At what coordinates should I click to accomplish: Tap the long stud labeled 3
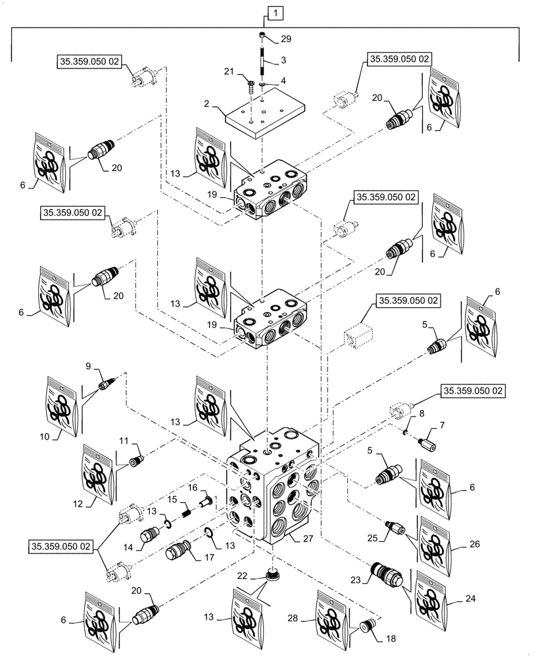[261, 63]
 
